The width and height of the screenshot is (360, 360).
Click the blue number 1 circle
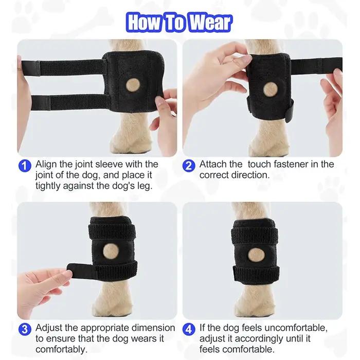click(25, 166)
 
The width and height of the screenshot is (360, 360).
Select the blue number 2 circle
click(189, 166)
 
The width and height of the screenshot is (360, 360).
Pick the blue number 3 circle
click(25, 330)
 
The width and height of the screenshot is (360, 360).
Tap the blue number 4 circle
click(189, 330)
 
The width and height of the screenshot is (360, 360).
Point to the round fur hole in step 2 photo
click(271, 89)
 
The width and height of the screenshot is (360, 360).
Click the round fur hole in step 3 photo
click(110, 251)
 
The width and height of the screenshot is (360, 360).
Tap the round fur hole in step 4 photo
click(256, 255)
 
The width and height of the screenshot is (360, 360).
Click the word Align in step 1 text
click(46, 165)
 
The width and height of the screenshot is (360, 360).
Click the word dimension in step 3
click(153, 328)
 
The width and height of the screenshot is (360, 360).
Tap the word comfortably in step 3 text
click(62, 350)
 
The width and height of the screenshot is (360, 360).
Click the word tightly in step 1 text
click(48, 186)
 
